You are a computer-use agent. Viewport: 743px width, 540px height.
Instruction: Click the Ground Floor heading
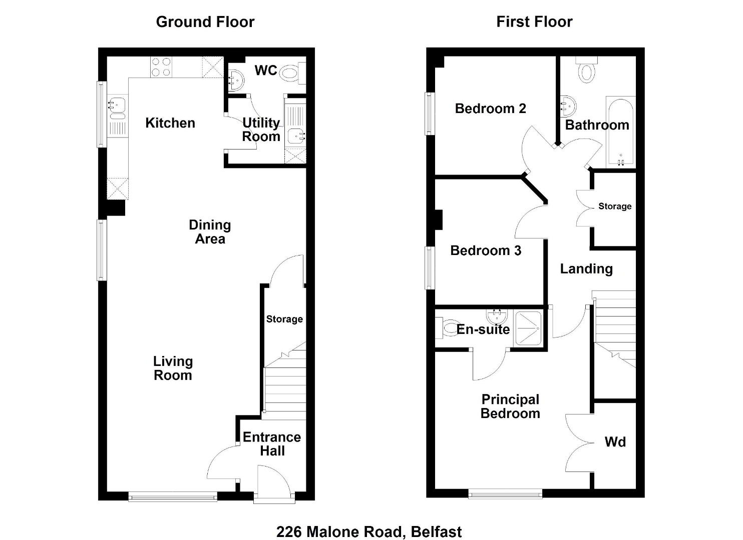point(205,22)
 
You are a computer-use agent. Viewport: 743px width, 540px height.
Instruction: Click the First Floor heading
point(534,22)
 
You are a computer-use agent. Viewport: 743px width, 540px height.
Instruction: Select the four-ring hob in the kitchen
point(161,67)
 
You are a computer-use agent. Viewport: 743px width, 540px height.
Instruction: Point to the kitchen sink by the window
point(117,108)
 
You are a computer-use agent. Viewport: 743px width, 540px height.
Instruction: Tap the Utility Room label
point(261,130)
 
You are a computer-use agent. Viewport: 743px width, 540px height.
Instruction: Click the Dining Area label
point(210,232)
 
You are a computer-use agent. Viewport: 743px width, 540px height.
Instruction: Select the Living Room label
point(173,368)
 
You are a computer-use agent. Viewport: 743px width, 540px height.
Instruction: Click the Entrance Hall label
point(272,444)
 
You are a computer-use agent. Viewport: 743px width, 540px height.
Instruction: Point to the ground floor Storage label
point(284,319)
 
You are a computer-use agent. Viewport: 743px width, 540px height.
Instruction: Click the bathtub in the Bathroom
point(620,132)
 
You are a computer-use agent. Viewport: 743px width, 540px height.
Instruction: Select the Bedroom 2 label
point(490,108)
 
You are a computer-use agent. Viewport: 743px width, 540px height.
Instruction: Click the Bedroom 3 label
point(486,251)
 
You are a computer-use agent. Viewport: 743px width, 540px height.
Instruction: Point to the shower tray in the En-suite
point(528,328)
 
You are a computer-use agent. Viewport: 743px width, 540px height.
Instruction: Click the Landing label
point(586,269)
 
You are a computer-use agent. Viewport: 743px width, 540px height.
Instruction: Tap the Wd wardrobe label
point(615,442)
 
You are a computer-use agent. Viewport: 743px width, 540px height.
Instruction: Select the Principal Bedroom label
point(510,406)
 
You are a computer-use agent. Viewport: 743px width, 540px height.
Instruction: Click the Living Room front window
point(172,496)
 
